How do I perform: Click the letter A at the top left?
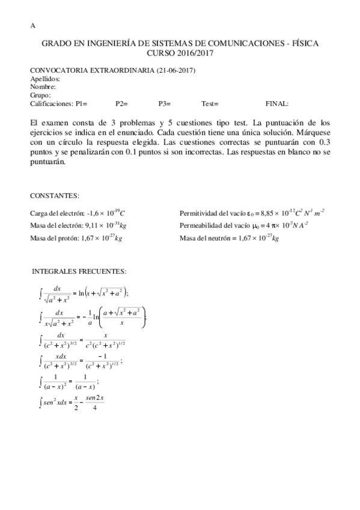click(x=32, y=26)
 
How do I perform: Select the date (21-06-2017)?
click(x=175, y=71)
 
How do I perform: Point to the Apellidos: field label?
click(x=45, y=79)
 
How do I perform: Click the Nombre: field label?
click(x=43, y=87)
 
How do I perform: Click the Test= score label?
click(x=210, y=103)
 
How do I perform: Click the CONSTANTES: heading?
click(x=55, y=196)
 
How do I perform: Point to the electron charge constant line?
click(x=78, y=213)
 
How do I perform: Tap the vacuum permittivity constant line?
click(x=252, y=213)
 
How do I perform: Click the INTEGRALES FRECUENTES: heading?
click(x=79, y=272)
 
